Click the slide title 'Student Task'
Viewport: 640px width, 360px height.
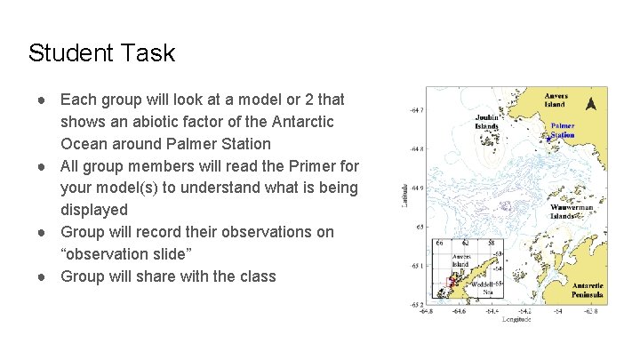(x=101, y=53)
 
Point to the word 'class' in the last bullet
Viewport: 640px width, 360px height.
(x=256, y=276)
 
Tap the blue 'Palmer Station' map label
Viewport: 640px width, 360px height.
(x=563, y=130)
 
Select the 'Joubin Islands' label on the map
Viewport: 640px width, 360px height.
(x=486, y=121)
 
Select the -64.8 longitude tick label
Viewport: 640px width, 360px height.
(x=427, y=311)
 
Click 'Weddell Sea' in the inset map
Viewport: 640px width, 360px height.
(x=483, y=287)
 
